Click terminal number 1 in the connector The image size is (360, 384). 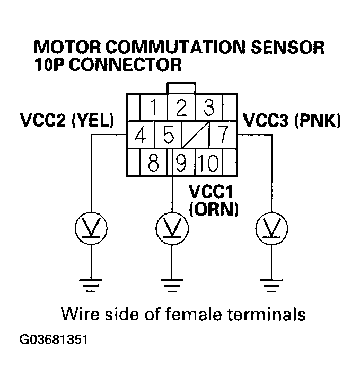(x=154, y=108)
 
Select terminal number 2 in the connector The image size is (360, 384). (x=181, y=108)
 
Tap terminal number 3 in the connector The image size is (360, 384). (x=209, y=108)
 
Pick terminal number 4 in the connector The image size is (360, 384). (x=140, y=136)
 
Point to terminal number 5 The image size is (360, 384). (x=168, y=136)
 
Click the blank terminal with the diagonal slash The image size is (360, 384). (x=195, y=136)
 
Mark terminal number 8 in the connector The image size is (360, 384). (x=154, y=163)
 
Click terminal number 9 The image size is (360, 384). (x=181, y=163)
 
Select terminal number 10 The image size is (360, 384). (x=209, y=163)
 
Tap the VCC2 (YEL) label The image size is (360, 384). (x=67, y=121)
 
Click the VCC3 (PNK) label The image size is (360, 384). (x=292, y=121)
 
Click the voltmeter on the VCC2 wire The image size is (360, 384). (x=92, y=228)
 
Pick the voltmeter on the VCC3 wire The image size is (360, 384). (x=271, y=228)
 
